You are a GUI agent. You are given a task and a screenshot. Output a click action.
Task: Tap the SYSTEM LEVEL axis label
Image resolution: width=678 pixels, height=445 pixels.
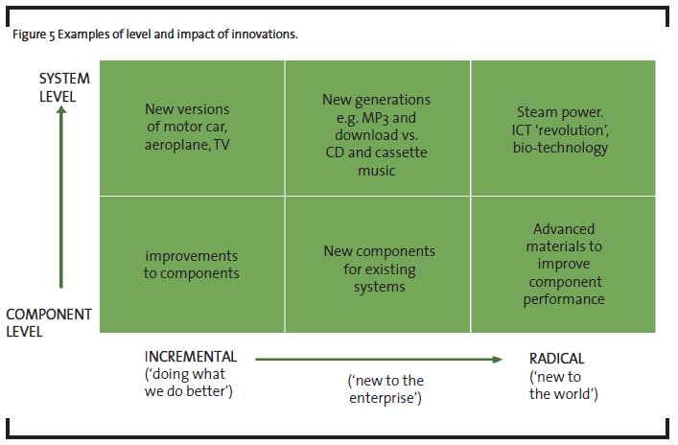pyautogui.click(x=64, y=87)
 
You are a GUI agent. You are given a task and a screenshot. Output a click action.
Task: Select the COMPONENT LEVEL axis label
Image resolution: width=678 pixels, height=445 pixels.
pyautogui.click(x=49, y=322)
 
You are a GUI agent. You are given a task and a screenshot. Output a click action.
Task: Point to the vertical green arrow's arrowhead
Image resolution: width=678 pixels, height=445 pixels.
pyautogui.click(x=61, y=110)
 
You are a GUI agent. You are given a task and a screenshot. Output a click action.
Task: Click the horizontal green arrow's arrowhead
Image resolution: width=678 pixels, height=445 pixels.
pyautogui.click(x=498, y=360)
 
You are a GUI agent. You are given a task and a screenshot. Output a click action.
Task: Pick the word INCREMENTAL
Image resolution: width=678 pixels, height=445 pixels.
pyautogui.click(x=191, y=357)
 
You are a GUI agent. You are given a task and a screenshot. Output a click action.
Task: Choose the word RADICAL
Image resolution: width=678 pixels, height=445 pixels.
pyautogui.click(x=556, y=359)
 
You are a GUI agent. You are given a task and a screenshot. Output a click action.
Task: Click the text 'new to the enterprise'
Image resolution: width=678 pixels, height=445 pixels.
pyautogui.click(x=386, y=388)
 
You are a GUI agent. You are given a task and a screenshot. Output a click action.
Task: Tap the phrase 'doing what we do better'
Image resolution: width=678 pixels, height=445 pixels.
pyautogui.click(x=189, y=383)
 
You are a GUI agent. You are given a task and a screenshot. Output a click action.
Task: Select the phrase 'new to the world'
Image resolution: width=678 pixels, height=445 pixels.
pyautogui.click(x=564, y=386)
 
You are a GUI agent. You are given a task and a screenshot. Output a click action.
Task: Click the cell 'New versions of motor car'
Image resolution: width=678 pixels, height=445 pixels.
pyautogui.click(x=192, y=128)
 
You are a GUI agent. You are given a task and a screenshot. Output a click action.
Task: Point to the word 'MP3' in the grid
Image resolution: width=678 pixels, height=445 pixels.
pyautogui.click(x=375, y=118)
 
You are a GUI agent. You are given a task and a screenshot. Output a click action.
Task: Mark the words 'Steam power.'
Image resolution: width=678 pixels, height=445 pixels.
pyautogui.click(x=560, y=112)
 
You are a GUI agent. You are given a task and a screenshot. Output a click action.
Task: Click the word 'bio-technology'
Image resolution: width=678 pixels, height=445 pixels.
pyautogui.click(x=560, y=148)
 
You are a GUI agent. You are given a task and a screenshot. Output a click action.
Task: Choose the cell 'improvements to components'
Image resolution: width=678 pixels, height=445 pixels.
pyautogui.click(x=192, y=265)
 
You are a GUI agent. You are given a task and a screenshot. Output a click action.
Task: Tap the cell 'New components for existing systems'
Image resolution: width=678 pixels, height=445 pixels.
pyautogui.click(x=378, y=265)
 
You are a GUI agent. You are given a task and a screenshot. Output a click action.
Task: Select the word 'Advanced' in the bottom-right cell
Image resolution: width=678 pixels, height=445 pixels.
pyautogui.click(x=564, y=229)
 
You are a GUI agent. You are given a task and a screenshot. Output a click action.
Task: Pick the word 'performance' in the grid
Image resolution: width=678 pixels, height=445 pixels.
pyautogui.click(x=564, y=299)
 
